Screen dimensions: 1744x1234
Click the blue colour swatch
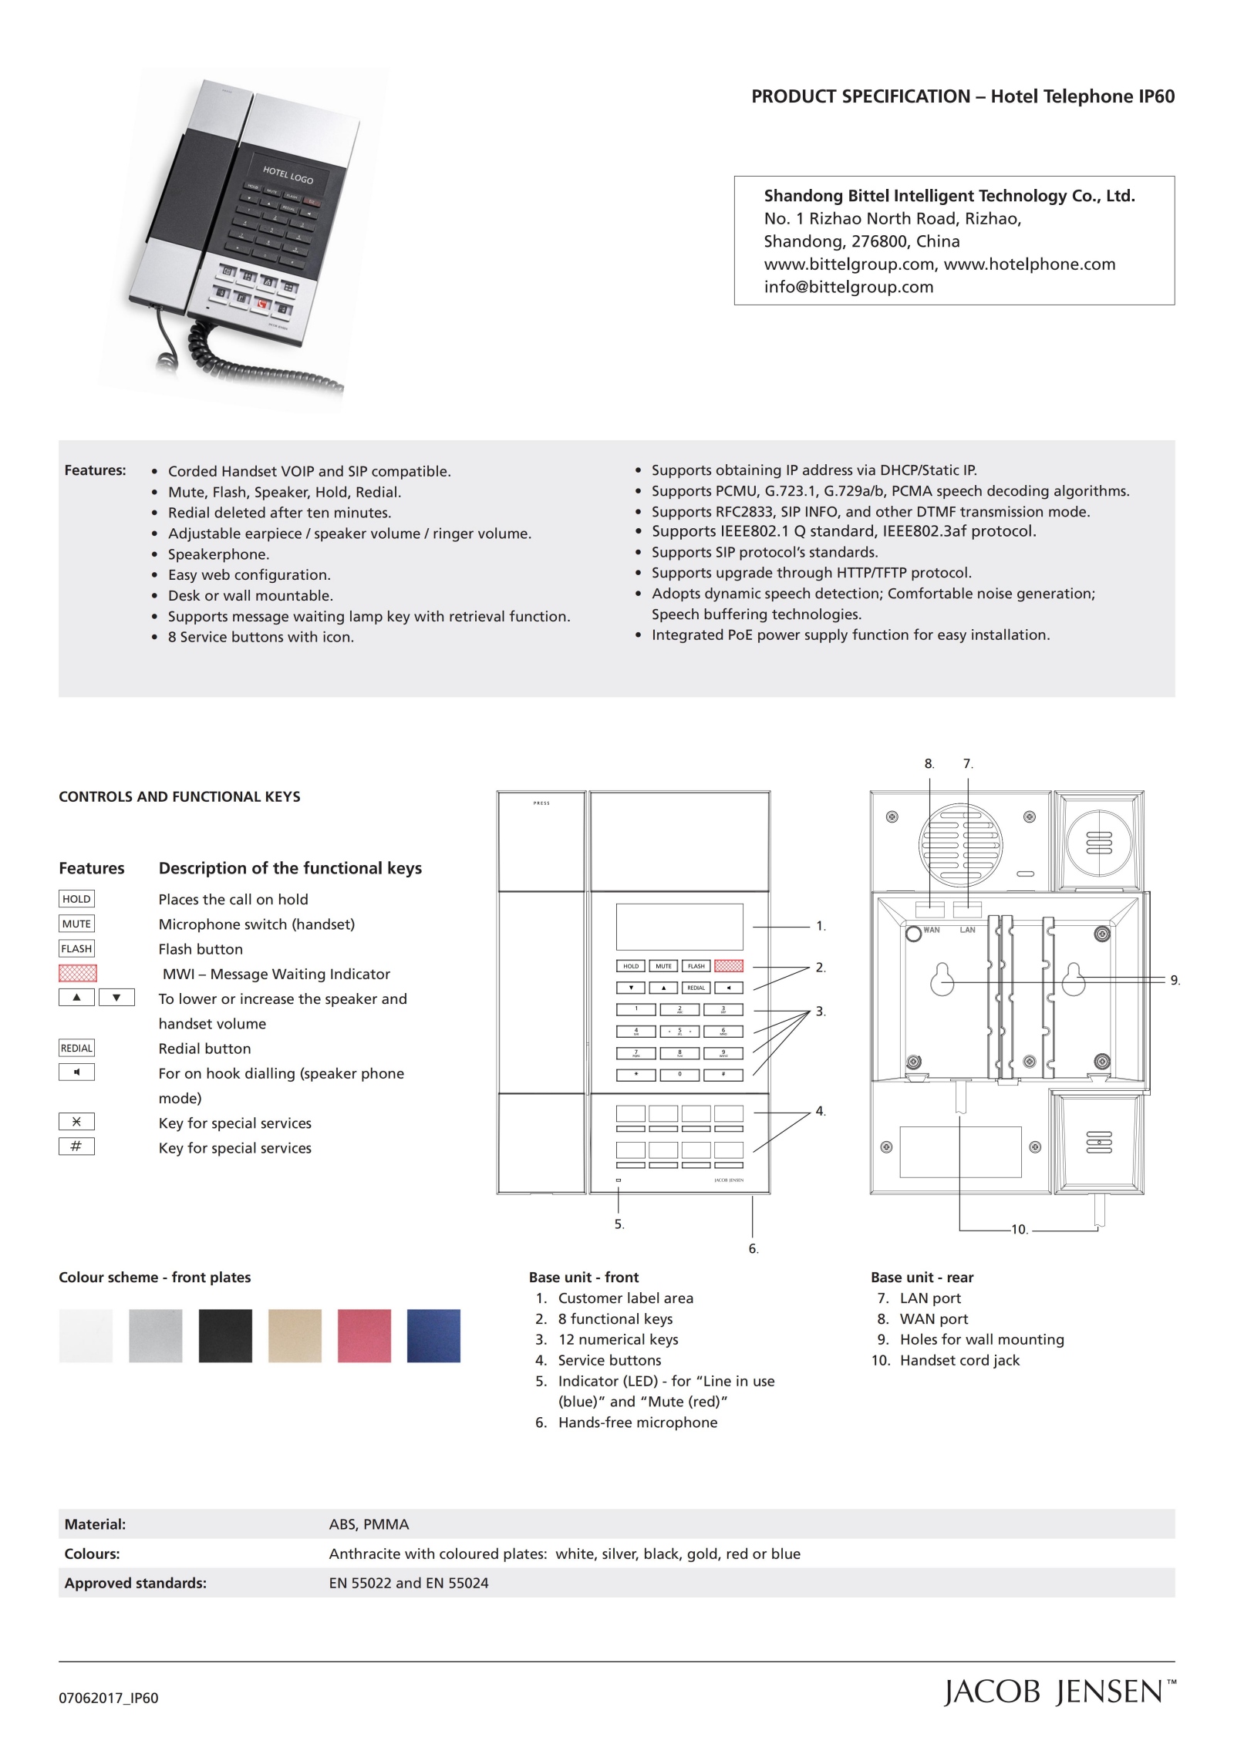[433, 1335]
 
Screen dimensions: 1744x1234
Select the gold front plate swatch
[295, 1335]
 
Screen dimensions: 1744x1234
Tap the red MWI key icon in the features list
[78, 973]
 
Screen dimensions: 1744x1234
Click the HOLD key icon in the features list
[76, 899]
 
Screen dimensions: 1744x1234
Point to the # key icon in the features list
[76, 1146]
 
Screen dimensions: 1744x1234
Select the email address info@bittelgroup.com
[848, 287]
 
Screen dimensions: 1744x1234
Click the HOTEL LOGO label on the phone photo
[288, 175]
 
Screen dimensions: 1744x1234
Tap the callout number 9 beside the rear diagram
[1175, 981]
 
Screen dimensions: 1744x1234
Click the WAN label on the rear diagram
[932, 930]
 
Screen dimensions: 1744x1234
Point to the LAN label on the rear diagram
[967, 930]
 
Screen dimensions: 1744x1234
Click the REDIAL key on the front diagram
[696, 988]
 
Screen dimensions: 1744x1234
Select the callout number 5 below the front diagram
[619, 1224]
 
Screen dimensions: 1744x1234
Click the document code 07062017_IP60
[109, 1699]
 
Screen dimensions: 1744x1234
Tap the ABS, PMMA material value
[369, 1524]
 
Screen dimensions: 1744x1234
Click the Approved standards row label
[136, 1583]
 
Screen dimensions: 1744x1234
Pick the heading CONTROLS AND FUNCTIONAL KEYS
[180, 796]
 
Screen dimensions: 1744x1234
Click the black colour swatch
[225, 1335]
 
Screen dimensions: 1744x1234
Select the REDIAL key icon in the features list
[76, 1048]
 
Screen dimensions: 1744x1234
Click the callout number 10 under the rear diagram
[1020, 1230]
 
